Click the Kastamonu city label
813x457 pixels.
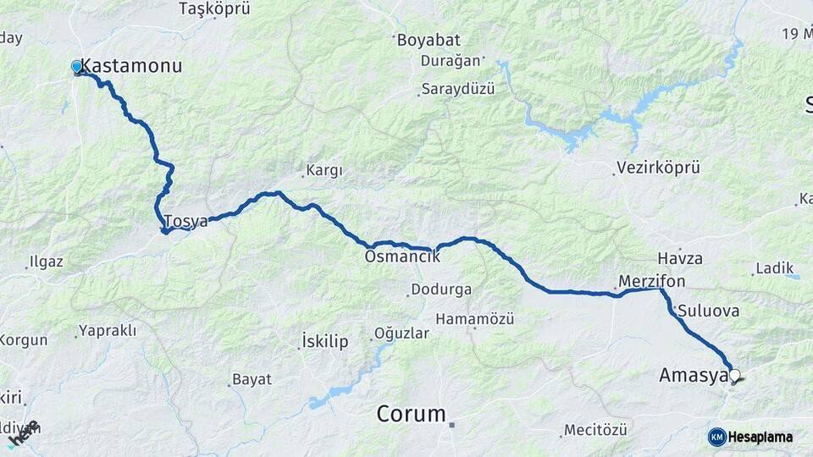click(x=130, y=66)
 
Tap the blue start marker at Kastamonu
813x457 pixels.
click(x=77, y=66)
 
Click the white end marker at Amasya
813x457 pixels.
click(x=734, y=376)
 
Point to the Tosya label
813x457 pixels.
click(x=186, y=222)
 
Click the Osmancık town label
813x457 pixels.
click(x=402, y=256)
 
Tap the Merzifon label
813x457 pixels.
click(x=652, y=281)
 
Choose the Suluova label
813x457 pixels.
click(x=708, y=311)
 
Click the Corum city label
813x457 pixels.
click(x=411, y=414)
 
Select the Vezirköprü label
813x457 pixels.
click(x=659, y=168)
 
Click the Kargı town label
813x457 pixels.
click(x=324, y=171)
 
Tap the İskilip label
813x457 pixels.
click(x=325, y=342)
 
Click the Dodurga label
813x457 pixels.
click(x=440, y=289)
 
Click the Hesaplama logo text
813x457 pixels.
click(x=762, y=437)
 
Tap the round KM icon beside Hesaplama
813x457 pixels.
click(x=716, y=437)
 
